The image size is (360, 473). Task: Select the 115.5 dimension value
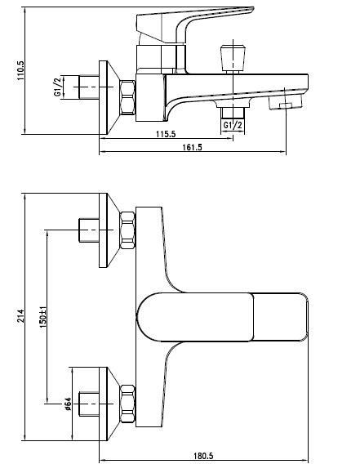click(x=162, y=132)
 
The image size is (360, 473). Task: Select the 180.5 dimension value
click(x=204, y=457)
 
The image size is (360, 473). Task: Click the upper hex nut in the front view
click(x=128, y=230)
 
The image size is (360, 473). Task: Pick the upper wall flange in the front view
click(x=109, y=230)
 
